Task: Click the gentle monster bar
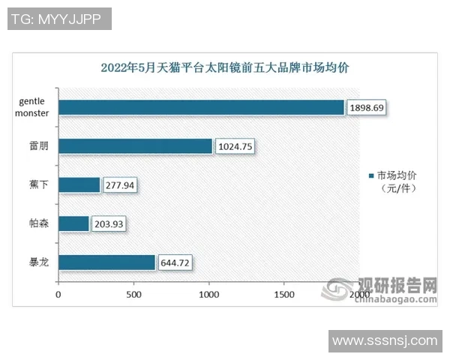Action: (x=201, y=107)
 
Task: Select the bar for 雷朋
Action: (x=135, y=145)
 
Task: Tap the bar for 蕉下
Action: (x=79, y=184)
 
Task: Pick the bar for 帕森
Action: (x=73, y=223)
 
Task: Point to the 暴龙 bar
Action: (x=106, y=262)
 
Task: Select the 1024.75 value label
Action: (x=235, y=146)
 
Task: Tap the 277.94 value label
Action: (x=120, y=184)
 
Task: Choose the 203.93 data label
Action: (x=109, y=223)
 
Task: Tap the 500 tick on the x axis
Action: (x=133, y=295)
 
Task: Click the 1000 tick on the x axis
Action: (x=208, y=295)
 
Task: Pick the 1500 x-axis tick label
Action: (x=283, y=295)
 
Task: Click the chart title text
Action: (x=225, y=67)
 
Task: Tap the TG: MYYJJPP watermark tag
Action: (x=59, y=19)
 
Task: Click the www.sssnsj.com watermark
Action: (x=384, y=341)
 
